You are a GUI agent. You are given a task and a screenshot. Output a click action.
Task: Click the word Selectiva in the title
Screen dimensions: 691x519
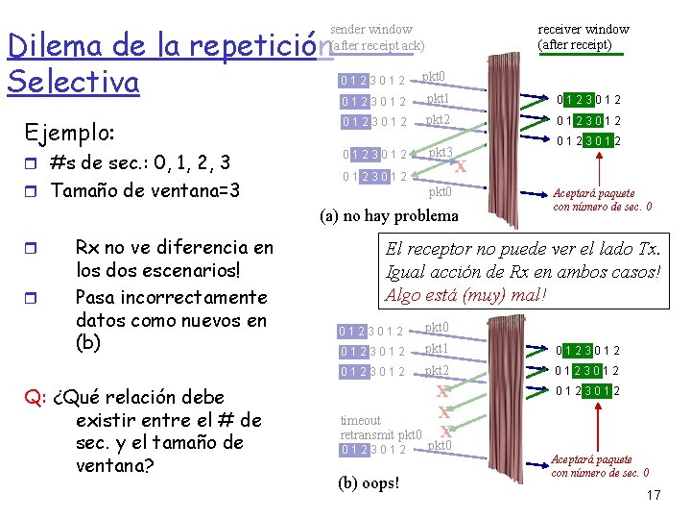73,82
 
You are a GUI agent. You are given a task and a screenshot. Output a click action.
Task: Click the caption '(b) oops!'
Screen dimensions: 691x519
369,482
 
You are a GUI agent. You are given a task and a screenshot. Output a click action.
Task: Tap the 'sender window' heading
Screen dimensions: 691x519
371,30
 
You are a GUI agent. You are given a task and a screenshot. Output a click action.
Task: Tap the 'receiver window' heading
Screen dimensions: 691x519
583,30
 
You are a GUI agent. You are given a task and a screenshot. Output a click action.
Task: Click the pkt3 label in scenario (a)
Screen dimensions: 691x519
440,153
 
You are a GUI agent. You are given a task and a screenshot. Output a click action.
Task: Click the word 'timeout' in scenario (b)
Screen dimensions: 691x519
361,420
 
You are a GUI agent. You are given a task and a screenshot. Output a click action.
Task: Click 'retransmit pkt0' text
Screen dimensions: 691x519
381,434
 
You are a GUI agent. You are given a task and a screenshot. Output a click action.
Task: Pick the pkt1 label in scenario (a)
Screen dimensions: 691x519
438,98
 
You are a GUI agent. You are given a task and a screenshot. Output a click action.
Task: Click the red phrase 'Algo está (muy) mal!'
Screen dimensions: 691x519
465,294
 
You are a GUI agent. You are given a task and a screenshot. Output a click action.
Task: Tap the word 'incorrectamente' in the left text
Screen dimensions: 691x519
171,297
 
